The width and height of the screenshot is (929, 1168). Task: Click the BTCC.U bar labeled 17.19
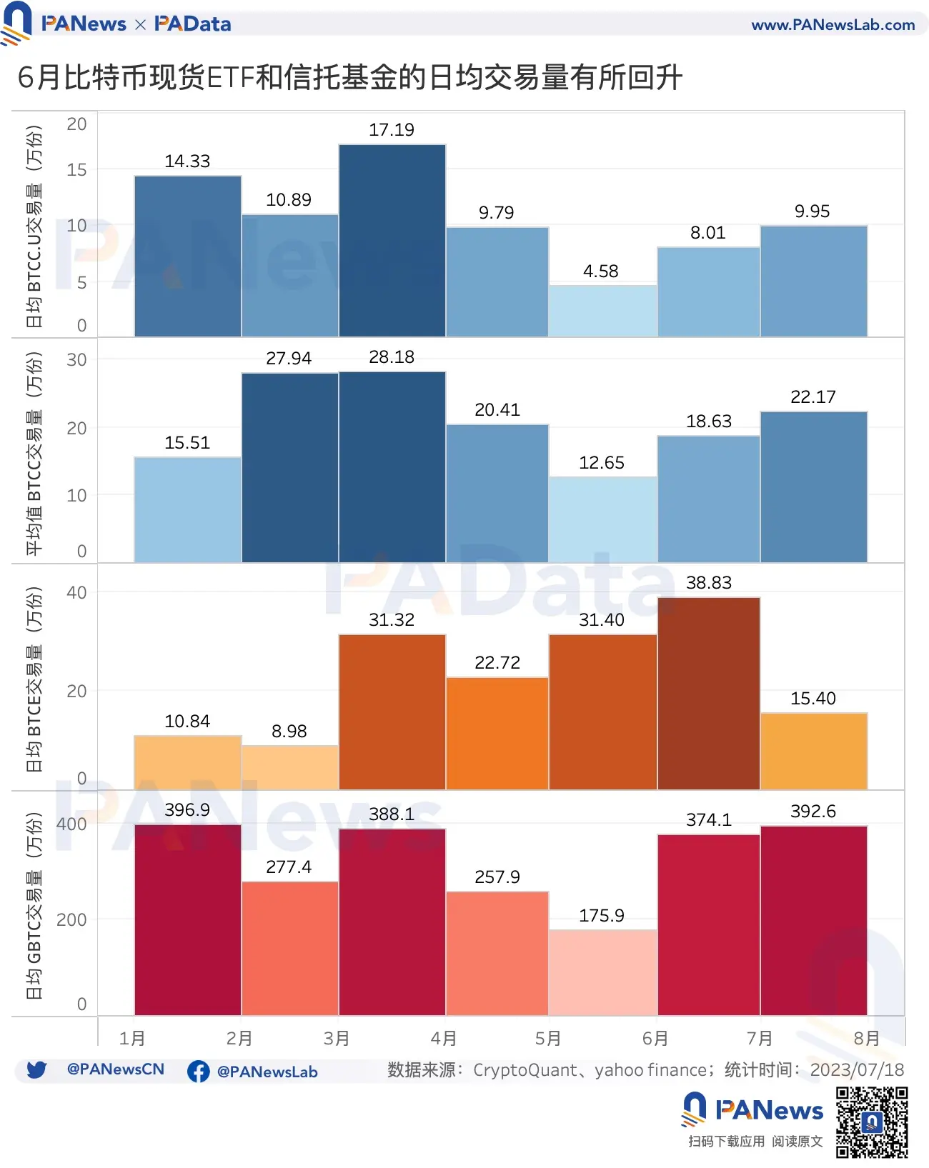[x=392, y=240]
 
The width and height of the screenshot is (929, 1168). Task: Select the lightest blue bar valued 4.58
[x=602, y=311]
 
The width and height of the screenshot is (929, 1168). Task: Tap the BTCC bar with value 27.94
[x=289, y=467]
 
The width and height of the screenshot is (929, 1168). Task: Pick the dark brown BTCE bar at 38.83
[x=708, y=693]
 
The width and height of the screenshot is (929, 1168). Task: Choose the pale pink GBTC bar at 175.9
[x=602, y=972]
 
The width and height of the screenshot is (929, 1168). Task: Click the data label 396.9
[x=187, y=810]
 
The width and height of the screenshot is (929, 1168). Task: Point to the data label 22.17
[x=813, y=397]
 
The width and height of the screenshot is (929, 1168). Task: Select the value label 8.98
[x=289, y=732]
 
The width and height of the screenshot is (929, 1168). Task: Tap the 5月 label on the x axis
[x=548, y=1038]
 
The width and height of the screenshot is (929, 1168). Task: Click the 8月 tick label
[x=866, y=1038]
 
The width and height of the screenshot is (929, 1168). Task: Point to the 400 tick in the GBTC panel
[x=71, y=824]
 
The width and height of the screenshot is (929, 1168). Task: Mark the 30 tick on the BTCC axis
[x=76, y=360]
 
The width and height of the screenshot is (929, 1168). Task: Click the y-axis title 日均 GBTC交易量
[x=34, y=906]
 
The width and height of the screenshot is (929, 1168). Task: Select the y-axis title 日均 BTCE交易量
[x=34, y=679]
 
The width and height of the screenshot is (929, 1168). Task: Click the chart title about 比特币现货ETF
[x=350, y=77]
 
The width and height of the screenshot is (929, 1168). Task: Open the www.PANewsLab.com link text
[x=833, y=25]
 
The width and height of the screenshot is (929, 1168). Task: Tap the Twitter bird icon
[x=36, y=1069]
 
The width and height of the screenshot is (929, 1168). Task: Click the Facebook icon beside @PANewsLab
[x=198, y=1072]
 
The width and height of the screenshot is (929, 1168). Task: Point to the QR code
[x=872, y=1122]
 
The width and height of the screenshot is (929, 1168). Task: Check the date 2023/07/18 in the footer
[x=857, y=1070]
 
